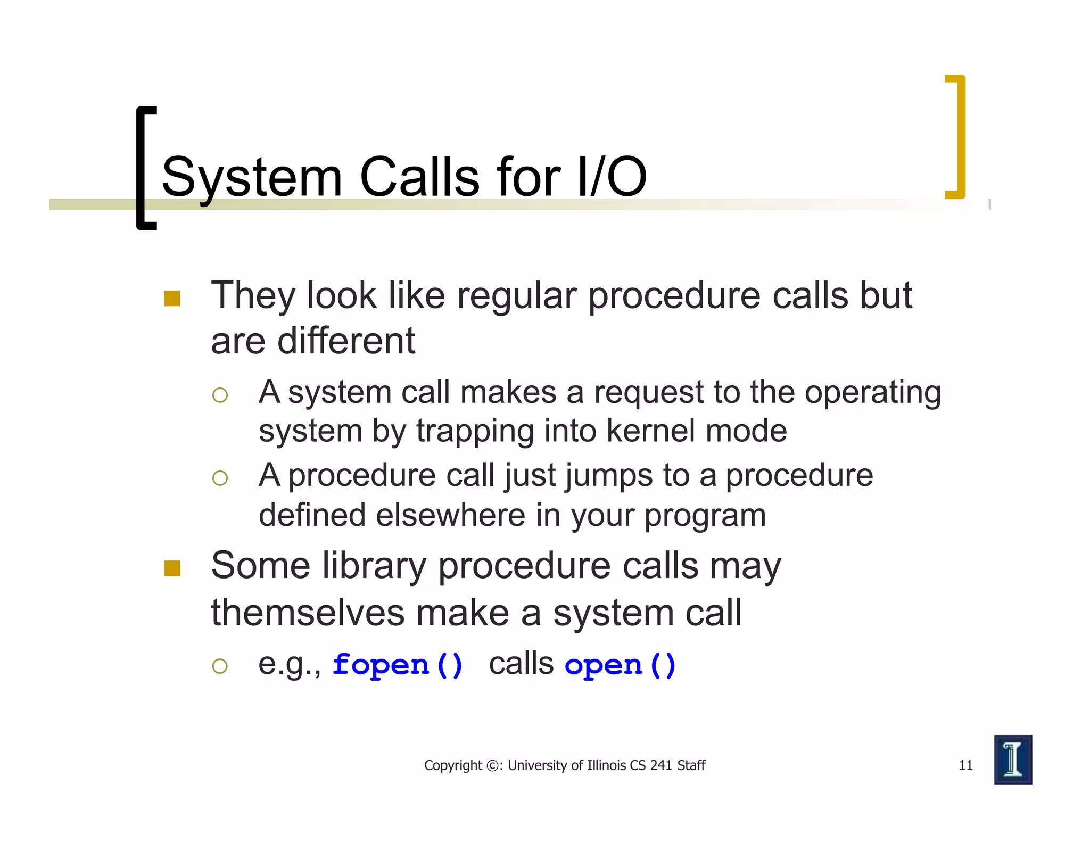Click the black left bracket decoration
[x=141, y=168]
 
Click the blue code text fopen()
[x=398, y=665]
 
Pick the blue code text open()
[x=620, y=665]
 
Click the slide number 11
[x=965, y=765]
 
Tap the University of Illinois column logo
[x=1013, y=760]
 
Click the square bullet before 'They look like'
[x=172, y=298]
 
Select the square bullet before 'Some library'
[x=172, y=568]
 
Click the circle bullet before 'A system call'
[x=220, y=395]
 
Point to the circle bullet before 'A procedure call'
[x=220, y=478]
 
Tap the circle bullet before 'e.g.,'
[x=220, y=666]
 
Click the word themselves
[x=308, y=613]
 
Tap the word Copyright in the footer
[x=452, y=766]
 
